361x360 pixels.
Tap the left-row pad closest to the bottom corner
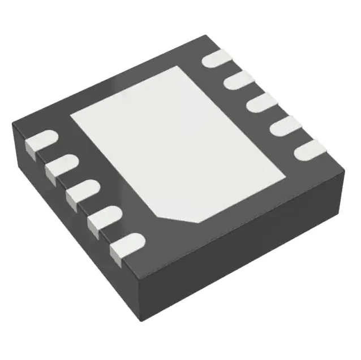pos(125,246)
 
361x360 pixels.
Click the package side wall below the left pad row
pos(68,226)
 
